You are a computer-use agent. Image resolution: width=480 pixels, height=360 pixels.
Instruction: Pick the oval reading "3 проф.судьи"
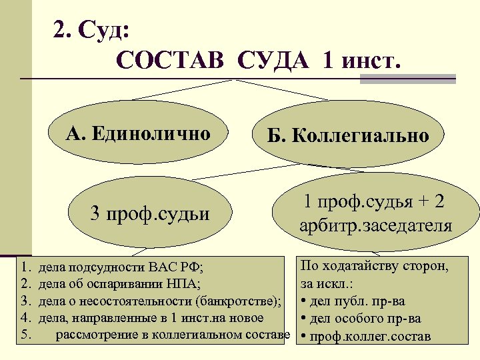pyautogui.click(x=149, y=214)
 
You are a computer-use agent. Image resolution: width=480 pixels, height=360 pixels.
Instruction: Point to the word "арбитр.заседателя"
pyautogui.click(x=375, y=225)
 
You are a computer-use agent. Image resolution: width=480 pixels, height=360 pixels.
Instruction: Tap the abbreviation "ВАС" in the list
pyautogui.click(x=165, y=269)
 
